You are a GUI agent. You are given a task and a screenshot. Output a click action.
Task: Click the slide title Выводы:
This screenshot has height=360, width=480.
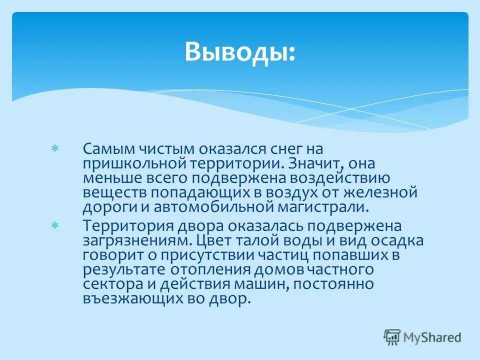pos(239,51)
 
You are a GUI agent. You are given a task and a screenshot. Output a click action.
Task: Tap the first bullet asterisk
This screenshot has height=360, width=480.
pos(55,149)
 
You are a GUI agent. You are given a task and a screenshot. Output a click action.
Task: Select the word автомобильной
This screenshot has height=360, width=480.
pos(195,206)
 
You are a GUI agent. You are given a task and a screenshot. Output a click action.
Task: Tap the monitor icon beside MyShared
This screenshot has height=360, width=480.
pos(392,336)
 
